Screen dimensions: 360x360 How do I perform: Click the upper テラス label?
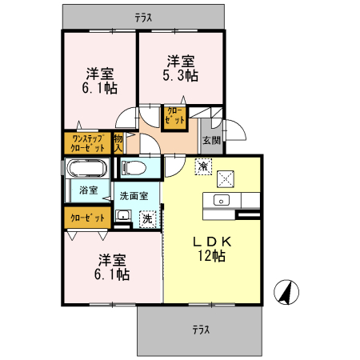coord(143,16)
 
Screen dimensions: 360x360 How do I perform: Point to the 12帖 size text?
coord(211,256)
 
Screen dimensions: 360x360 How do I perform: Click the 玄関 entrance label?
coord(211,140)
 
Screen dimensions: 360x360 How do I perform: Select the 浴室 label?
coord(88,190)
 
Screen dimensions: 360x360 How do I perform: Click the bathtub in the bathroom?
coord(86,170)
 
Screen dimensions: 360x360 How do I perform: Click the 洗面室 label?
coord(134,195)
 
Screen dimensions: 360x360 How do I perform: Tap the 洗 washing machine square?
coord(147,217)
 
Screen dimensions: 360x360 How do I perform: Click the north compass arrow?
coord(283,292)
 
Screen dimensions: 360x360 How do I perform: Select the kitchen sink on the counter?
coord(222,200)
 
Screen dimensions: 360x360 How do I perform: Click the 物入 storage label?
coord(118,142)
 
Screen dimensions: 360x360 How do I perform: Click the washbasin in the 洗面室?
coord(124,216)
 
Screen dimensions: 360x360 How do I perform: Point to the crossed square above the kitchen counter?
coord(226,178)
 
